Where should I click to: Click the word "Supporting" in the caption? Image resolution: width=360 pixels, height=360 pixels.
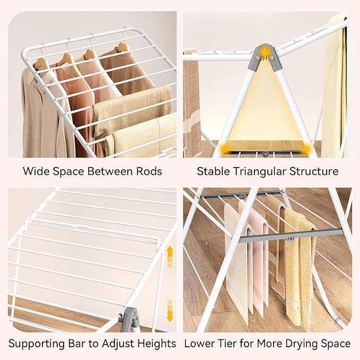pyautogui.click(x=37, y=344)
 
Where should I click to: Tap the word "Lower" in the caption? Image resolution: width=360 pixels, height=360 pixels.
pyautogui.click(x=198, y=344)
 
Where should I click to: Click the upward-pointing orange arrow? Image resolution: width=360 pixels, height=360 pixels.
pyautogui.click(x=170, y=257)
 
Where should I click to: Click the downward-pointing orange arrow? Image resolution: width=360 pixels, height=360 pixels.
pyautogui.click(x=170, y=311)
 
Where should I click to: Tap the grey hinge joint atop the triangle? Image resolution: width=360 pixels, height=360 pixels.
pyautogui.click(x=265, y=57)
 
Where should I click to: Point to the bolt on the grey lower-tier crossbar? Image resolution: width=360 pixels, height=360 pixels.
pyautogui.click(x=291, y=239)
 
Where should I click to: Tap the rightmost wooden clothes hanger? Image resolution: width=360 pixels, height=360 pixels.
pyautogui.click(x=122, y=48)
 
